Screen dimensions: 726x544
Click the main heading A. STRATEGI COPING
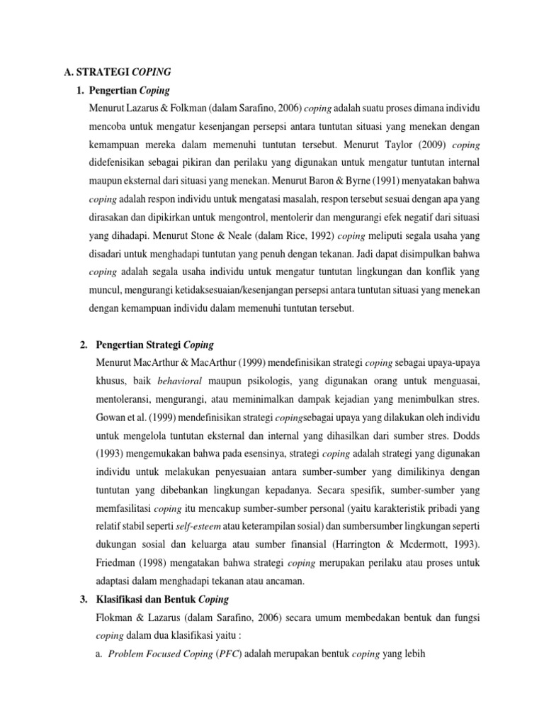pos(117,72)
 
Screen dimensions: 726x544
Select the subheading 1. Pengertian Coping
pos(127,91)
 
